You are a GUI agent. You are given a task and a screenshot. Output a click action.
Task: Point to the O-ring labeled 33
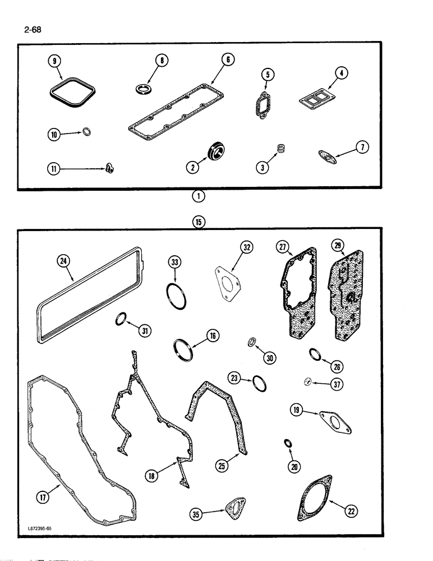pyautogui.click(x=176, y=295)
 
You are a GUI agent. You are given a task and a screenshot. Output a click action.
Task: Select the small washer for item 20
pyautogui.click(x=288, y=444)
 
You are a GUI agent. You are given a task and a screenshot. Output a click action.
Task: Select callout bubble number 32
pyautogui.click(x=247, y=246)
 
